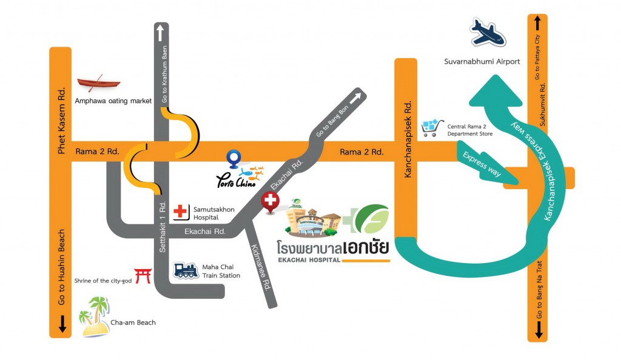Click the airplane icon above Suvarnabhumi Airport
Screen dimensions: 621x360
tap(488, 33)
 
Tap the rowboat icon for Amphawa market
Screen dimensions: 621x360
tap(99, 82)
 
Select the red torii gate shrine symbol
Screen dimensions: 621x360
tap(143, 276)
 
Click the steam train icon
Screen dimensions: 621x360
tap(186, 270)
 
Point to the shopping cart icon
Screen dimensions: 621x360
tap(432, 128)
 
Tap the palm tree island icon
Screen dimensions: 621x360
tap(94, 317)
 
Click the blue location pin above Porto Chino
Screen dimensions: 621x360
tap(233, 159)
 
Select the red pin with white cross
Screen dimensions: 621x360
tap(270, 202)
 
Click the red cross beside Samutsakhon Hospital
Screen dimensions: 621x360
tap(180, 212)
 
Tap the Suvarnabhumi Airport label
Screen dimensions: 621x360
tap(482, 61)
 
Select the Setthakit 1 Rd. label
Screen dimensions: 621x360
tap(163, 227)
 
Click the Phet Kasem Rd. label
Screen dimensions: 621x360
tap(61, 121)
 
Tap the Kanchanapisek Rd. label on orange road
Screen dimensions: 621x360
tap(408, 139)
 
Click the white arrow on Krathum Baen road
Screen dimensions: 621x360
tap(160, 33)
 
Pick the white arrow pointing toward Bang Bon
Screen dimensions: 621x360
tap(355, 98)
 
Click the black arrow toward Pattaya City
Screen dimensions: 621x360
tap(537, 23)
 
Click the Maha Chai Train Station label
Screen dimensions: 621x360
tap(221, 271)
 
